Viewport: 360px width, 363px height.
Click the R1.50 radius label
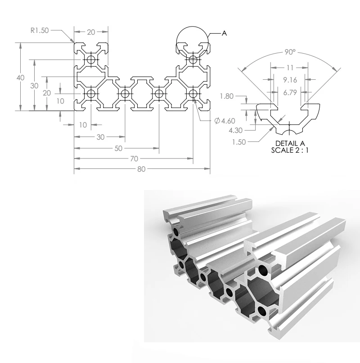[x=40, y=30]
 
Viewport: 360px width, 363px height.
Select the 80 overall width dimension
[x=141, y=169]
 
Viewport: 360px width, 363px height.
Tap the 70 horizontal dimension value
[x=134, y=159]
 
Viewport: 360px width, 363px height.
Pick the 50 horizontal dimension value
[x=118, y=148]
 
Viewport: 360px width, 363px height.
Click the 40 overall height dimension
[x=20, y=77]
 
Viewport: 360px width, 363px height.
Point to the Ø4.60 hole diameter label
[x=225, y=121]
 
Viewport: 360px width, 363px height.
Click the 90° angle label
[x=290, y=52]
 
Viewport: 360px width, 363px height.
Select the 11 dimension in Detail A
[x=290, y=68]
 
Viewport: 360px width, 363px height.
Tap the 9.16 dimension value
[x=290, y=80]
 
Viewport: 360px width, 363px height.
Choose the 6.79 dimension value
[x=290, y=92]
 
